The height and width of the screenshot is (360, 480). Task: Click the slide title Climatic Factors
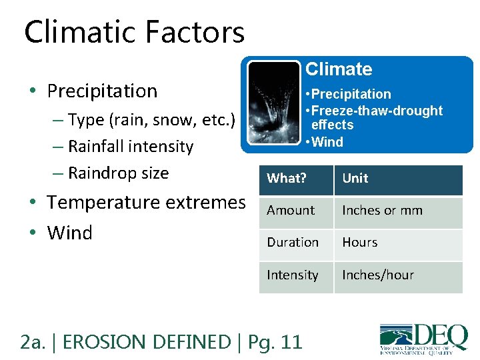134,32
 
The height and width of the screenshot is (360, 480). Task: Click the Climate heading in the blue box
339,69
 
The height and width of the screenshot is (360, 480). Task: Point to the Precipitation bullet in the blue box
347,94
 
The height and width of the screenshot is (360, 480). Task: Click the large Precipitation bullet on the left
102,91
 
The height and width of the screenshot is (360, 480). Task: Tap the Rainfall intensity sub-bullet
130,147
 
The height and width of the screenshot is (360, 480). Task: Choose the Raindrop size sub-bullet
118,173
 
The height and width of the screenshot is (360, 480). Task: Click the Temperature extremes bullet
146,202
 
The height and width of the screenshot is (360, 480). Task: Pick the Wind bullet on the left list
69,233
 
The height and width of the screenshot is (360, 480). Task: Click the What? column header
286,179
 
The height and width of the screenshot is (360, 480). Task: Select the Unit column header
355,179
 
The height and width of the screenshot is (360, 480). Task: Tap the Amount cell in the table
291,211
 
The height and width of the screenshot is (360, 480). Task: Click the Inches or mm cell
382,211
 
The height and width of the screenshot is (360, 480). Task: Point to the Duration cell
293,243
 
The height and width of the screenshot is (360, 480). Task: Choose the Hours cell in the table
360,243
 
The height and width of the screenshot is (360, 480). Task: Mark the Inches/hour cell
378,275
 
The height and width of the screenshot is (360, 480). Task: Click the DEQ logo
423,337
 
